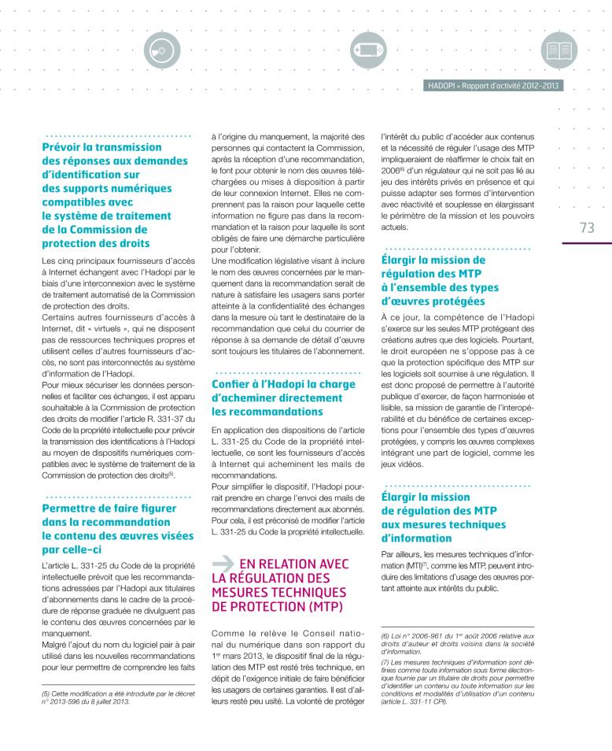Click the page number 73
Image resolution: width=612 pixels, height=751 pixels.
[x=586, y=228]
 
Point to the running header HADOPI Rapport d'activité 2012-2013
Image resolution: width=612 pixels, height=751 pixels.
[x=494, y=86]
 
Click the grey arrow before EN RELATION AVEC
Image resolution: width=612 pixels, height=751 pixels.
[x=223, y=563]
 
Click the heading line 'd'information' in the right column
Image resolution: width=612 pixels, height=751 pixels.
[x=416, y=538]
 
